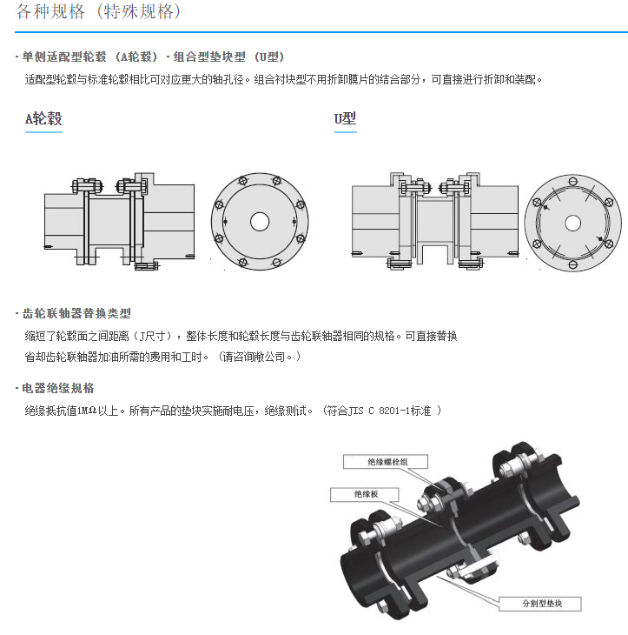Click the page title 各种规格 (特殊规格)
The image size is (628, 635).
pyautogui.click(x=97, y=13)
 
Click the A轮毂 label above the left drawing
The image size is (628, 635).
pyautogui.click(x=43, y=119)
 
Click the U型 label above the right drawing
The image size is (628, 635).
pyautogui.click(x=345, y=119)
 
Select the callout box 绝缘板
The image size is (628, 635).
pyautogui.click(x=365, y=494)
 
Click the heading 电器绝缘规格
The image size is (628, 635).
pyautogui.click(x=58, y=388)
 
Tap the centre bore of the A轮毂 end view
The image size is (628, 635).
pyautogui.click(x=259, y=222)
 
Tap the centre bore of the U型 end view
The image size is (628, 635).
pyautogui.click(x=572, y=222)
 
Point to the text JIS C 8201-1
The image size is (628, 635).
pyautogui.click(x=381, y=410)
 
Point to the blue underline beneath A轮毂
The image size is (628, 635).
pyautogui.click(x=43, y=131)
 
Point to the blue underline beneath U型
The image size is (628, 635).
pyautogui.click(x=345, y=131)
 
